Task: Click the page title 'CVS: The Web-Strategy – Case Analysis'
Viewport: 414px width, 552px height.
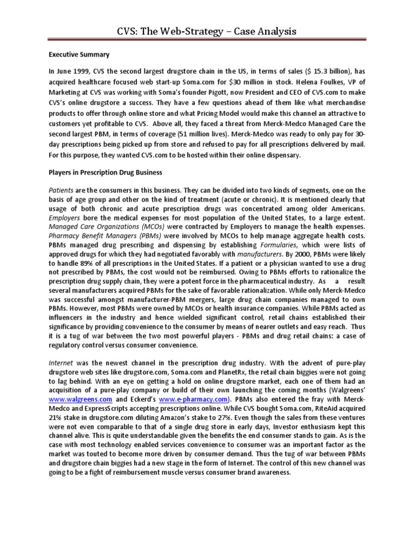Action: pos(207,31)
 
